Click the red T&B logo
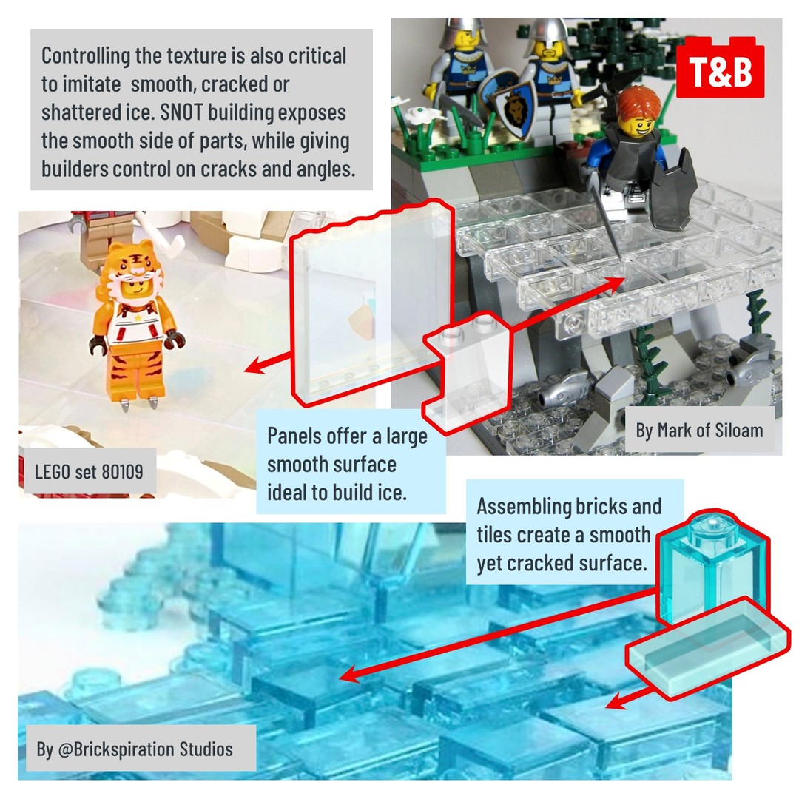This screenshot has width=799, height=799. click(x=720, y=67)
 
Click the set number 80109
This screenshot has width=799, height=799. click(x=122, y=472)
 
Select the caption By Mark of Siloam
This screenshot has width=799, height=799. click(x=699, y=431)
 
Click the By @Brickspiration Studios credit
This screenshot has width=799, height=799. click(x=135, y=749)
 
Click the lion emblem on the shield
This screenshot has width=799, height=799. click(x=515, y=109)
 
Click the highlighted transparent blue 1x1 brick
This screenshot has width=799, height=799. click(x=713, y=566)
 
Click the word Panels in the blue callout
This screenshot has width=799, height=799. click(x=294, y=436)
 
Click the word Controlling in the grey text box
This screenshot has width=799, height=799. click(x=86, y=56)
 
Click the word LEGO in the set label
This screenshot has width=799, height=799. click(x=53, y=472)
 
